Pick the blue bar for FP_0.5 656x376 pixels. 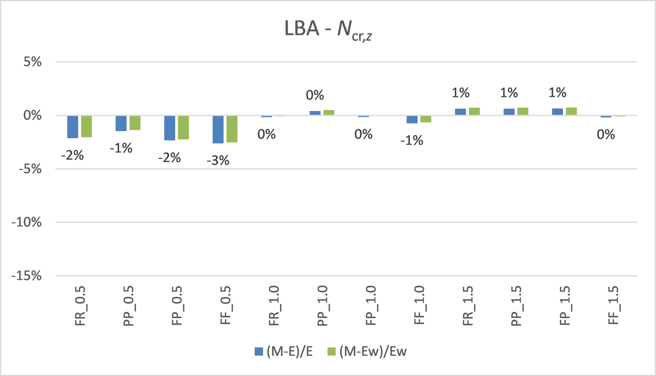pyautogui.click(x=169, y=128)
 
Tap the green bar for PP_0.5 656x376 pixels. pyautogui.click(x=135, y=122)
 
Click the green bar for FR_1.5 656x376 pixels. pyautogui.click(x=474, y=111)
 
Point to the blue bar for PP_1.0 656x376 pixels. pyautogui.click(x=315, y=113)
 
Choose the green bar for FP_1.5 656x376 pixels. pyautogui.click(x=571, y=111)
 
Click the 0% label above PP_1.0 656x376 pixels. pyautogui.click(x=314, y=95)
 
